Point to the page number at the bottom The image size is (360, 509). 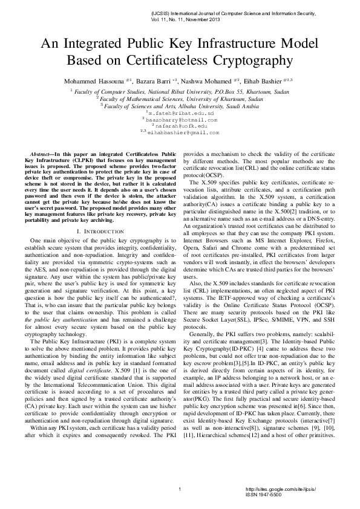(180, 488)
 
